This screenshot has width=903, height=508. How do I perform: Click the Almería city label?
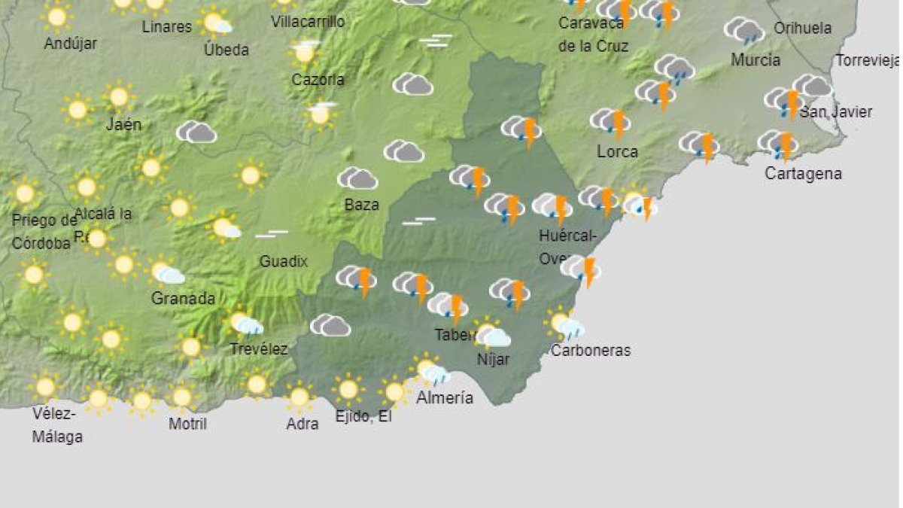point(445,397)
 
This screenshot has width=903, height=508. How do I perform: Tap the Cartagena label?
point(803,173)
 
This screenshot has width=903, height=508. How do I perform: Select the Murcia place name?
point(756,59)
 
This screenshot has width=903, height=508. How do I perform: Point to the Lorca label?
point(617,151)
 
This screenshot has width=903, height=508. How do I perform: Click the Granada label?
point(183,298)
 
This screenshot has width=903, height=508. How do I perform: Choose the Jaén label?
point(123,124)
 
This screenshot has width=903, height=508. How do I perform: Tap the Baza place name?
point(361,204)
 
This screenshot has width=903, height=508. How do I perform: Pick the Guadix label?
point(284,261)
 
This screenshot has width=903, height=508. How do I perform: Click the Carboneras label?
point(591,350)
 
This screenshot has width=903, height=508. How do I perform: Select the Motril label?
point(187,424)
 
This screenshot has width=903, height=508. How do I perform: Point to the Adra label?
point(303,424)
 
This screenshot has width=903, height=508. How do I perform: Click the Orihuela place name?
point(803,29)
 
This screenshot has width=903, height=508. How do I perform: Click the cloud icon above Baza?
point(357,178)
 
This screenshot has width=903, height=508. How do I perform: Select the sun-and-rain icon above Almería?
point(431,372)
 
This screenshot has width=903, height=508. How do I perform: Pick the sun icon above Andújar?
point(57,17)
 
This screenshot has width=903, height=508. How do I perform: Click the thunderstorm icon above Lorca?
point(611,122)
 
